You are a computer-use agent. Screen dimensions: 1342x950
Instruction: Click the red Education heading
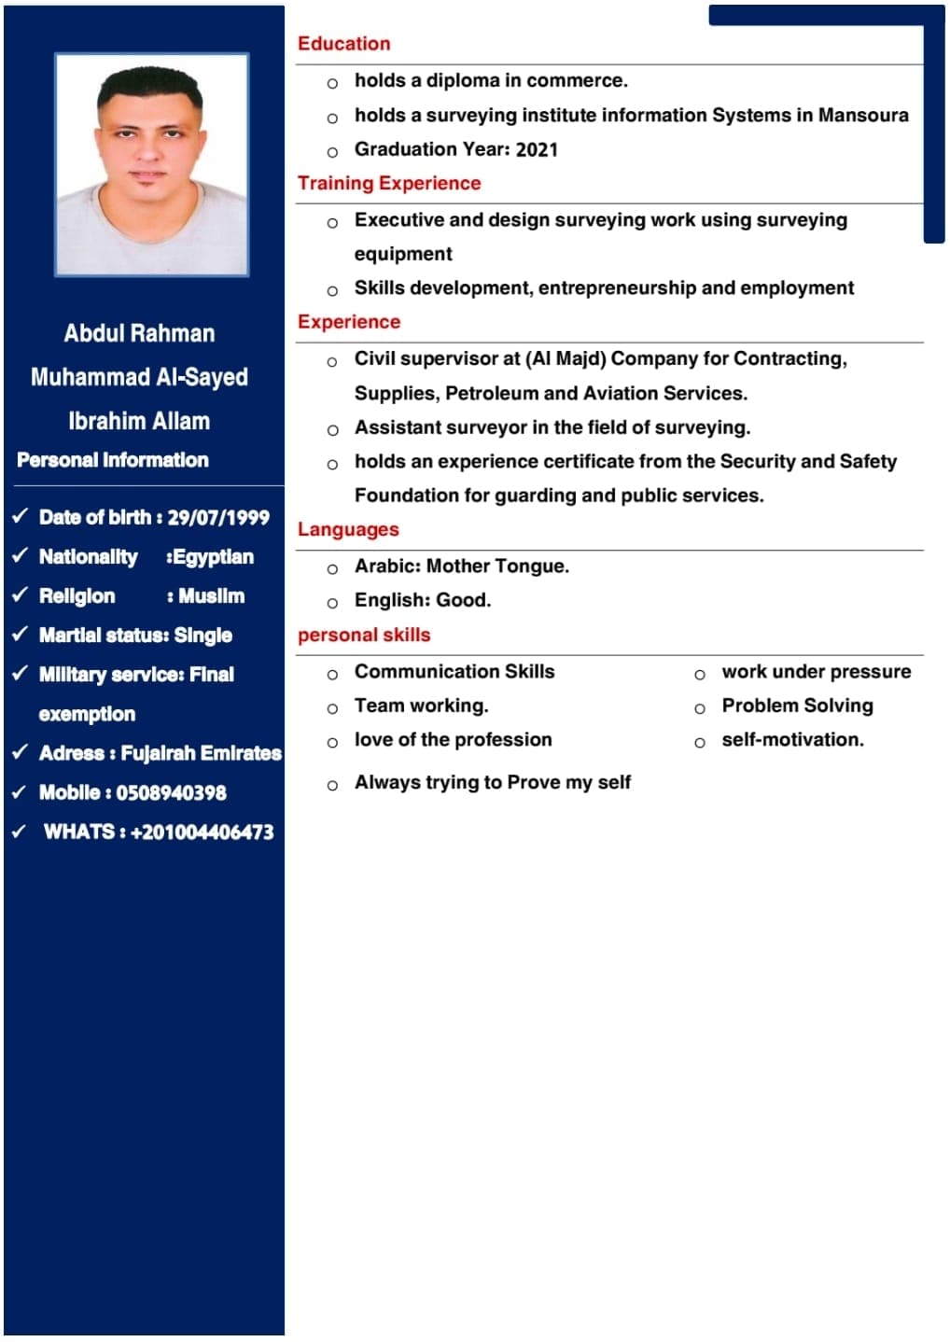[343, 44]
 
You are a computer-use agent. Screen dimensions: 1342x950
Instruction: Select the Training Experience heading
[389, 183]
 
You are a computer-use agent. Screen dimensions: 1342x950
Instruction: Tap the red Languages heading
[348, 530]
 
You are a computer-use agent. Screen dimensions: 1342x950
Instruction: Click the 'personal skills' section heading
[364, 636]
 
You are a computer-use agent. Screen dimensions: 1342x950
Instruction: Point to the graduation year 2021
[537, 149]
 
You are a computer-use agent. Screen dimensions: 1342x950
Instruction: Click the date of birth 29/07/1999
[218, 518]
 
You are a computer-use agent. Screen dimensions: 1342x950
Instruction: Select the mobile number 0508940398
[171, 793]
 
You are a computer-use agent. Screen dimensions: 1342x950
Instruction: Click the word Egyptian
[212, 557]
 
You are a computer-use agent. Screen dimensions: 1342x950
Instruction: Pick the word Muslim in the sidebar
[212, 596]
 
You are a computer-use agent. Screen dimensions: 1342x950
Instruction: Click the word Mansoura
[863, 115]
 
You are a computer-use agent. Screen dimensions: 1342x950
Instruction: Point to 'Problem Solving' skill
[797, 706]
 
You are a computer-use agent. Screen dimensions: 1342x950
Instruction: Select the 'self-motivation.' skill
[792, 740]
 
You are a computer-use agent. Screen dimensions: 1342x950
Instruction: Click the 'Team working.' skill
[421, 706]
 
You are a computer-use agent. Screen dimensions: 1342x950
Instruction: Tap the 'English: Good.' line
[422, 600]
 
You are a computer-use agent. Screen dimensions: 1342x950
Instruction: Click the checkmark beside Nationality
[20, 555]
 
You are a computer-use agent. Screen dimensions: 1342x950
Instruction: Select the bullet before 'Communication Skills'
[332, 675]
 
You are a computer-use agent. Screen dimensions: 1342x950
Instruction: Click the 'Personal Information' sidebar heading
[113, 460]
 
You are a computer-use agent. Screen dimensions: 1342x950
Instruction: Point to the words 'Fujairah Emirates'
[202, 753]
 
